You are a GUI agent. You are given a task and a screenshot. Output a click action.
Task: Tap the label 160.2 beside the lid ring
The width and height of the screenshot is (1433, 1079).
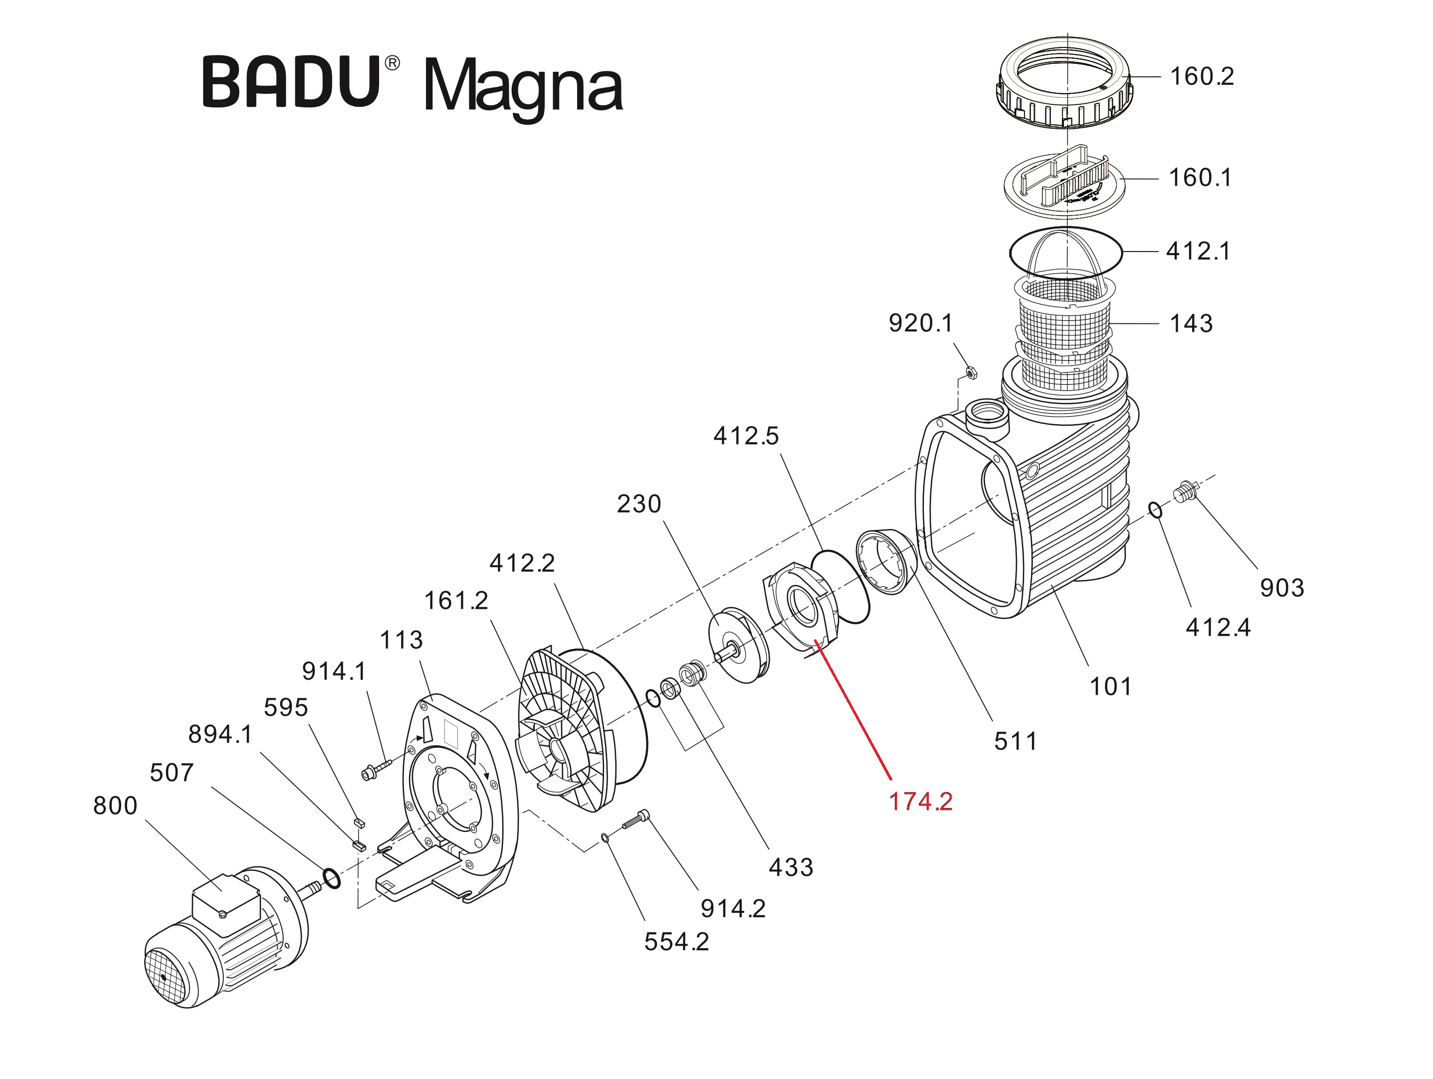(1201, 76)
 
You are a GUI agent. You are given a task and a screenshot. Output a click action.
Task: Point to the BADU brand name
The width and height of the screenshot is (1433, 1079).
(291, 82)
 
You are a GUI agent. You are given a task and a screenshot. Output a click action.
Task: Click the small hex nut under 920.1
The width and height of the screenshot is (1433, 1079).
(971, 373)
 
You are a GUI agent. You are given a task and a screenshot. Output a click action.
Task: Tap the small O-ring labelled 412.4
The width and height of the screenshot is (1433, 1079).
(1156, 511)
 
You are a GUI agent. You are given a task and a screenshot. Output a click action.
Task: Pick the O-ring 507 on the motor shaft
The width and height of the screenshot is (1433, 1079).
(331, 879)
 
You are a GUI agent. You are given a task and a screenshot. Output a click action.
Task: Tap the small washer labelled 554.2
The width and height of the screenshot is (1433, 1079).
(605, 838)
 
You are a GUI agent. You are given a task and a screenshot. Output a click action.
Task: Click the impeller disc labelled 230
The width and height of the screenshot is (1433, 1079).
(739, 645)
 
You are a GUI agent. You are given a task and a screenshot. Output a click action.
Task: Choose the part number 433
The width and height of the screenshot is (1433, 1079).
(791, 867)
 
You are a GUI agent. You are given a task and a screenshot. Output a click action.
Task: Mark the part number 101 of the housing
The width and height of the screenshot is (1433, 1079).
(1110, 686)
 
